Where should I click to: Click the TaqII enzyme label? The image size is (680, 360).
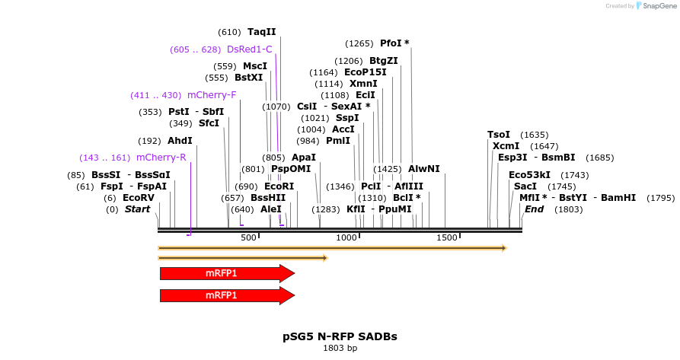tap(261, 32)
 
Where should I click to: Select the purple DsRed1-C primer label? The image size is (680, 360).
tap(249, 49)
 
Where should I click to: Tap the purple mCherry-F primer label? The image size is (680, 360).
tap(212, 95)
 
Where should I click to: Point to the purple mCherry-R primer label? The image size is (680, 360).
tap(161, 158)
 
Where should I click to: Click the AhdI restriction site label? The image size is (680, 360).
tap(180, 141)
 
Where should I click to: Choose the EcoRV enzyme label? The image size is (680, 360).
tap(139, 197)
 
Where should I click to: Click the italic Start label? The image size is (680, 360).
tap(138, 209)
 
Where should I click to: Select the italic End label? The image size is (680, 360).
tap(534, 209)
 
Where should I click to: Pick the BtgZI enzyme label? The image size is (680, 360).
tap(384, 61)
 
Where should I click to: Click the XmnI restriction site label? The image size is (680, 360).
tap(363, 84)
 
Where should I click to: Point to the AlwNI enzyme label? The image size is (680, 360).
tap(424, 168)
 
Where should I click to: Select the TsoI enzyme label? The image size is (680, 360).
tap(499, 135)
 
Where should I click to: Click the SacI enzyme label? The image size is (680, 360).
tap(525, 186)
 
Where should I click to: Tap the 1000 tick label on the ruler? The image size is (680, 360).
tap(346, 238)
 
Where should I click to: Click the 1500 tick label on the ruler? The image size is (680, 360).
tap(446, 238)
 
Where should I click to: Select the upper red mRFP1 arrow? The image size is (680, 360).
tap(227, 273)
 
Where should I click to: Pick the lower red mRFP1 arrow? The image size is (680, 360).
tap(227, 295)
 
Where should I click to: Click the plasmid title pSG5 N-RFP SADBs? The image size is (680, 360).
tap(340, 336)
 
